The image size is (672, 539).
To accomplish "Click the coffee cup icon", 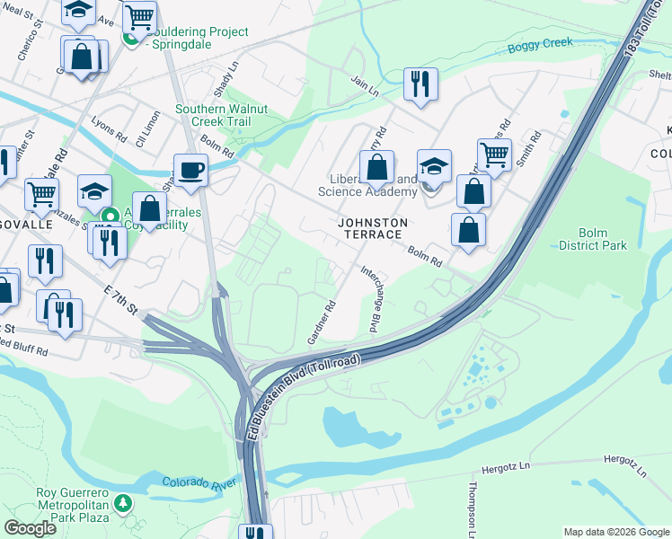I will [x=190, y=169].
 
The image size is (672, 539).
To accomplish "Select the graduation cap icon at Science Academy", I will [x=433, y=166].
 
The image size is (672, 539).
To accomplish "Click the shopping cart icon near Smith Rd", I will [x=494, y=155].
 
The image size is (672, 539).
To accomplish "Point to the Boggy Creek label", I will [x=539, y=43].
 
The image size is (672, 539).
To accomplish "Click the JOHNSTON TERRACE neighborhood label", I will [x=373, y=228].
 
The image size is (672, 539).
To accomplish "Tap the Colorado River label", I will [x=199, y=483].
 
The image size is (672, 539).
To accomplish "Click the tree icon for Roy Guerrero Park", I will [x=127, y=501].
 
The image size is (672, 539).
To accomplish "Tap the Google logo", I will [x=30, y=528].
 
